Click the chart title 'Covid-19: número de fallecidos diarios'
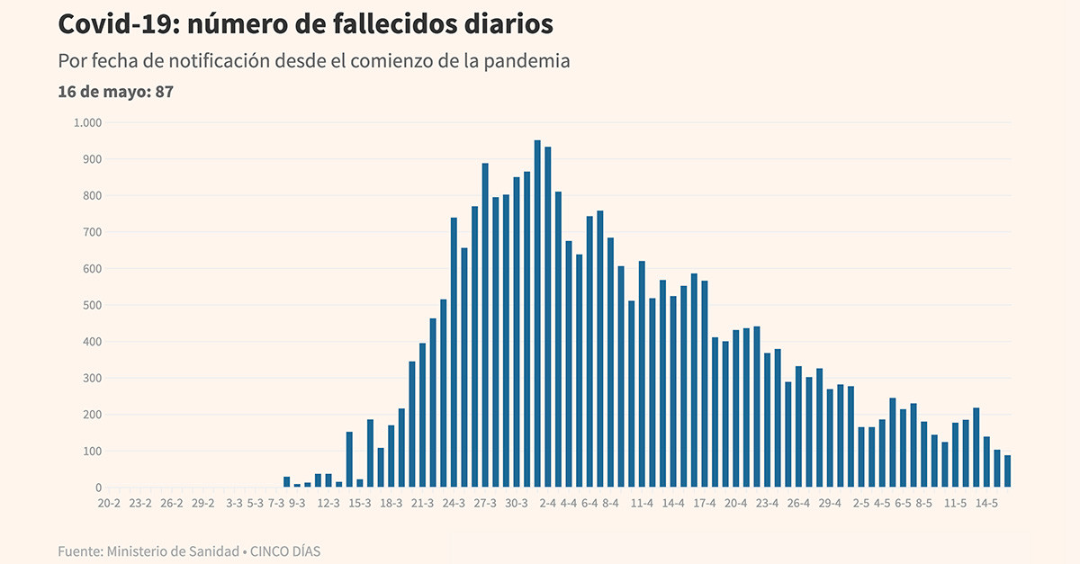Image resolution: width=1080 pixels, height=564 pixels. coord(305,24)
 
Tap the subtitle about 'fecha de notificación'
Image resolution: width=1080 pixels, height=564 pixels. coord(314,62)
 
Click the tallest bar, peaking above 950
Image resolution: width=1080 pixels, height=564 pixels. coord(537,314)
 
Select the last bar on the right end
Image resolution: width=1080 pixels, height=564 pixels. coord(1007,471)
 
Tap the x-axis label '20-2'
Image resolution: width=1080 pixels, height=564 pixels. coord(109,504)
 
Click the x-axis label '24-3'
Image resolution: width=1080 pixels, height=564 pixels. coord(454,504)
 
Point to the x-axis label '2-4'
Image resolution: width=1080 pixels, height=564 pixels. coord(547,504)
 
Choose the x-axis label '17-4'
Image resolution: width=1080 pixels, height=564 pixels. coord(705,504)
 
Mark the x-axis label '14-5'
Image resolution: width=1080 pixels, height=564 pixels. coord(987,504)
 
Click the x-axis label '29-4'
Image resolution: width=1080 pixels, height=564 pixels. coord(830,504)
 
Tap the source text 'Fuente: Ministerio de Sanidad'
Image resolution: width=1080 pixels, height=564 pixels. coord(147,551)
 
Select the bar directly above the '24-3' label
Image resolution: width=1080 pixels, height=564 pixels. coord(454,353)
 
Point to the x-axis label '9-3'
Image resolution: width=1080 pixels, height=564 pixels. coord(297,504)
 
